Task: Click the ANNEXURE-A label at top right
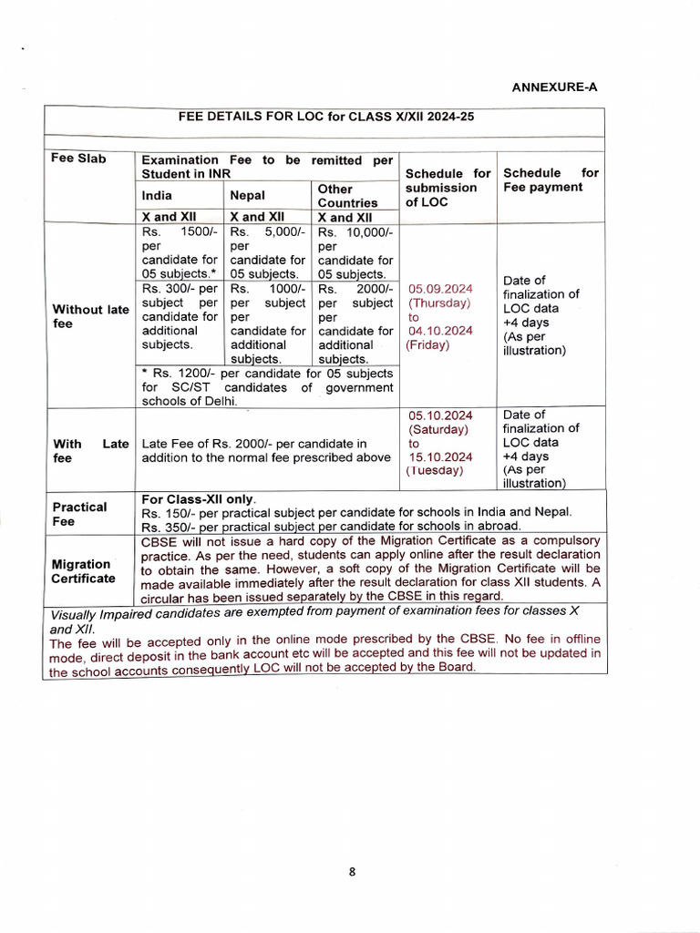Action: click(x=554, y=87)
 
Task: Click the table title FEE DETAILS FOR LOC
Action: click(x=325, y=117)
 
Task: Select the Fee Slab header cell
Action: click(x=78, y=159)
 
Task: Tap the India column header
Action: click(x=157, y=195)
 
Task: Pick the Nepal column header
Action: click(x=247, y=195)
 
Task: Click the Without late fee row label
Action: click(x=90, y=316)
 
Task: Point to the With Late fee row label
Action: click(x=90, y=450)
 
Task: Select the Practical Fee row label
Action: click(x=79, y=514)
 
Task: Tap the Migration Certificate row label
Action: click(x=83, y=570)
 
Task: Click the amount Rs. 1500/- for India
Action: click(x=179, y=231)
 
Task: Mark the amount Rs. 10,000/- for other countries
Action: click(x=355, y=231)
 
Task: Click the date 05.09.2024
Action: click(x=440, y=288)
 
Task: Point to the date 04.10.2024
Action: click(x=440, y=331)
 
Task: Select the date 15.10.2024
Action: click(x=440, y=456)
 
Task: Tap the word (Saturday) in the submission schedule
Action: click(x=438, y=429)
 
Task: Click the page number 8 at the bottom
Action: click(x=352, y=871)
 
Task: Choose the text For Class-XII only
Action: click(x=199, y=499)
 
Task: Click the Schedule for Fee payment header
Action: click(x=551, y=179)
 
